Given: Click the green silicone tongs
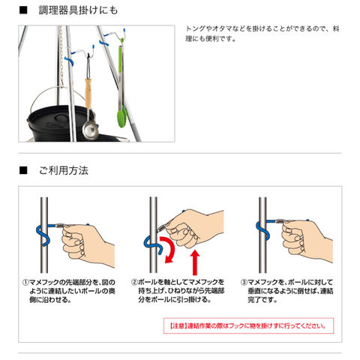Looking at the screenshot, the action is (121, 85).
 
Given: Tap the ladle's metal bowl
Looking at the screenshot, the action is (90, 130).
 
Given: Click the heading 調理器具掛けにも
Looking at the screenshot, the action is (78, 10).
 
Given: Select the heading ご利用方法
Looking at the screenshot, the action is (64, 170).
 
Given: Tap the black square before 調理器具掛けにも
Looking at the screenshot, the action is (23, 10).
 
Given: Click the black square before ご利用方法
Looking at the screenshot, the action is (23, 170).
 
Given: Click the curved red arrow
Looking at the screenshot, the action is (171, 249).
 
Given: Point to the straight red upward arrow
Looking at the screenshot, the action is (195, 262).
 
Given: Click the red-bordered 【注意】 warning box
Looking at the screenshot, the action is (249, 325).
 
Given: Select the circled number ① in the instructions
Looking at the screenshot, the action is (25, 283).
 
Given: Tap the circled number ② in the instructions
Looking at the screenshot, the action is (135, 283).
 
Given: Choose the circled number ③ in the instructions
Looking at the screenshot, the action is (244, 283).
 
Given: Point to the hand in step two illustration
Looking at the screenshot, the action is (193, 229).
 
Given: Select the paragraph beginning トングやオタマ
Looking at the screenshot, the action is (262, 34).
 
